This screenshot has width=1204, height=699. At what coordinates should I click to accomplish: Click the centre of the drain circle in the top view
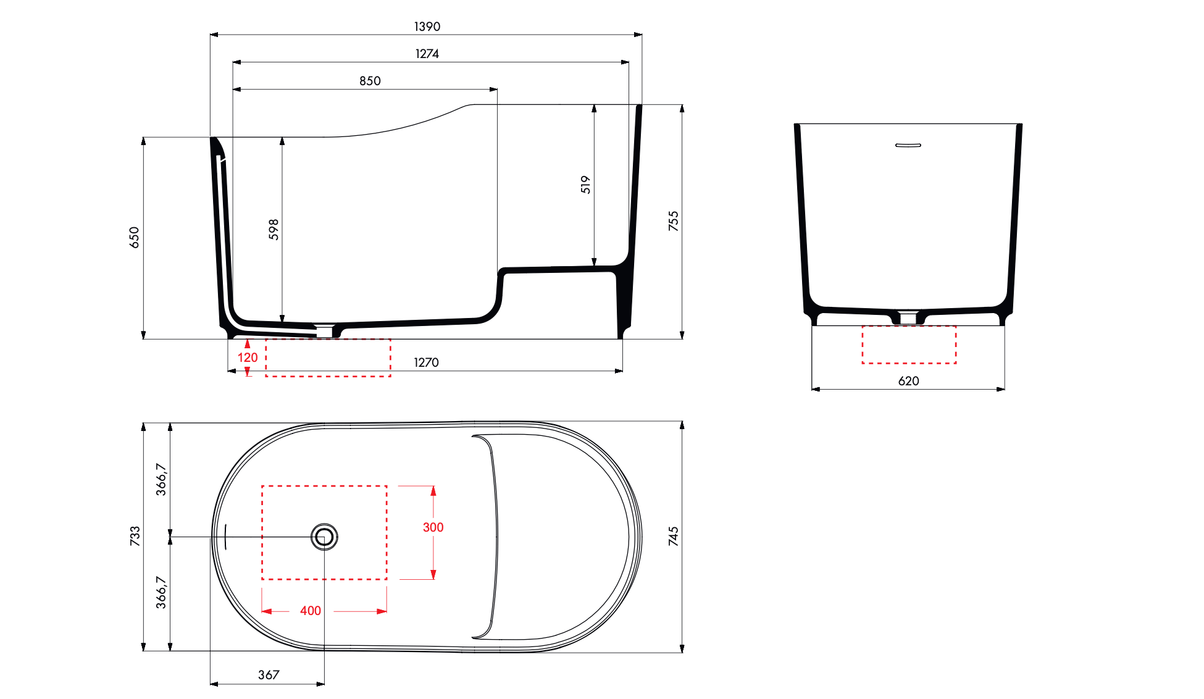click(324, 537)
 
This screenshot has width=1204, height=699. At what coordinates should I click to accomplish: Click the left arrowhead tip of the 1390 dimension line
click(211, 35)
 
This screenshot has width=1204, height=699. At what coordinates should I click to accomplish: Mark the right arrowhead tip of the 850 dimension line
click(497, 89)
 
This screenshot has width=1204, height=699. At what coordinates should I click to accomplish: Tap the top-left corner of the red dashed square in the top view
click(262, 486)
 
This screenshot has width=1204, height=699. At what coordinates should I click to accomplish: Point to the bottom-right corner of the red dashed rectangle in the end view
click(956, 363)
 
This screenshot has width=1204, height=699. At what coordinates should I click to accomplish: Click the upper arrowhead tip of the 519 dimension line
click(594, 105)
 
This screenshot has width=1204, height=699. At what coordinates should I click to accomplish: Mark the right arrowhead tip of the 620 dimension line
click(1005, 389)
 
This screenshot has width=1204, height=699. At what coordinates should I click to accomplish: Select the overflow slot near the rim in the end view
click(908, 145)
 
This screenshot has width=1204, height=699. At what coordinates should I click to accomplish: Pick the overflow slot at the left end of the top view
click(226, 537)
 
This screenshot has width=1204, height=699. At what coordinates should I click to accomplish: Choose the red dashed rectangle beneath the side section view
click(328, 358)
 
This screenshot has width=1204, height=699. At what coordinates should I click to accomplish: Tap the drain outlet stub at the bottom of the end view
click(908, 318)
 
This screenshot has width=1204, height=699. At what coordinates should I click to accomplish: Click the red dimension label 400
click(311, 611)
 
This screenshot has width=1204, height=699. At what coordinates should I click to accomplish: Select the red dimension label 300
click(433, 527)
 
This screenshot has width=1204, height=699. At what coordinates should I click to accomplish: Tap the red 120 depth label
click(248, 358)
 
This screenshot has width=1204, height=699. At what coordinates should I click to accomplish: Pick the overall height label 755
click(673, 221)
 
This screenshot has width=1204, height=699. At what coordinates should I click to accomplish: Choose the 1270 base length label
click(426, 362)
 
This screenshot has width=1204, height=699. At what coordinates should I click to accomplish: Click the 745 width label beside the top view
click(673, 536)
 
